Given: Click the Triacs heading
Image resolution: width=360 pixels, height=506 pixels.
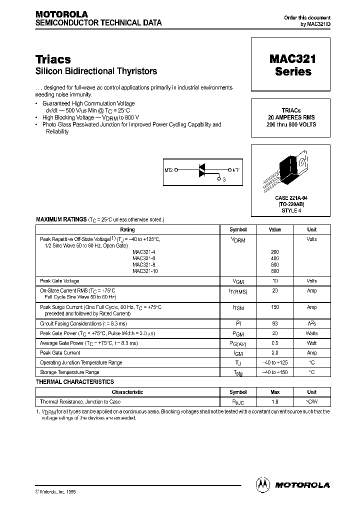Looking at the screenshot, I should click(53, 59).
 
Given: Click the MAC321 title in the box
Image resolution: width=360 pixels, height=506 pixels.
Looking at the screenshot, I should click(293, 59).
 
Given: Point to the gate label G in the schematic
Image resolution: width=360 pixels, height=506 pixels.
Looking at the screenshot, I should click(224, 179).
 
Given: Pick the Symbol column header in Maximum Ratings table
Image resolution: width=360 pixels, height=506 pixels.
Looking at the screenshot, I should click(238, 229).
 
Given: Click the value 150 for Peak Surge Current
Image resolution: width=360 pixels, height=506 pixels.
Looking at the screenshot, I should click(275, 307).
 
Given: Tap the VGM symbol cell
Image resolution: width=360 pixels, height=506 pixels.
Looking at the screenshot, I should click(238, 281).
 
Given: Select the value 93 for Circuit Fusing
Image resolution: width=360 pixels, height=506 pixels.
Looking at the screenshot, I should click(275, 324).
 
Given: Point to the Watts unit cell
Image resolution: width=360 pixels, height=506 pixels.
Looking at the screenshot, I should click(311, 333).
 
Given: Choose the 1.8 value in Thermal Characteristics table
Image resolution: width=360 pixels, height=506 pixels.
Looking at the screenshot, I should click(275, 401).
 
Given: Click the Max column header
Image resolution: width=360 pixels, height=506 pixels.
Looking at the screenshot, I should click(275, 392).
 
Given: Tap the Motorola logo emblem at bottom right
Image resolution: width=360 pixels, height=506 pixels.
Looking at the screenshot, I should click(262, 484).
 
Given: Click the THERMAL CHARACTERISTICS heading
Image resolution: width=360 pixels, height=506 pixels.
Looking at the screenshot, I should click(75, 382).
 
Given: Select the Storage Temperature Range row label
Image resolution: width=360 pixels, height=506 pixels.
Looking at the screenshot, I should click(69, 372).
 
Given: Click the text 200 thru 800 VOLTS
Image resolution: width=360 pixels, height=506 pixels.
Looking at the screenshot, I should click(293, 124).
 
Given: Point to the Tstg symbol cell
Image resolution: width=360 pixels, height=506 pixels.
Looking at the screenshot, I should click(238, 372).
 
